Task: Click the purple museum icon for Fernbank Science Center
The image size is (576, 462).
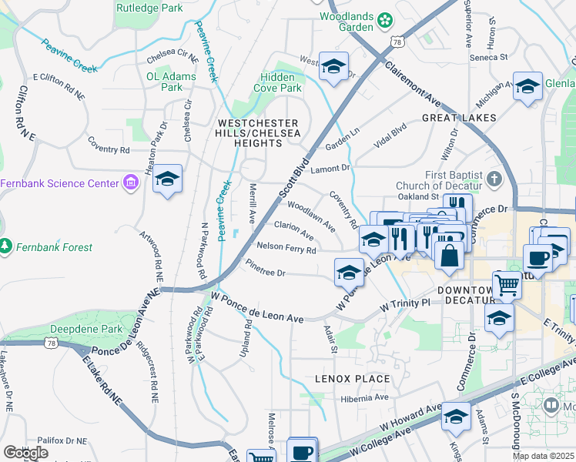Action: [130, 183]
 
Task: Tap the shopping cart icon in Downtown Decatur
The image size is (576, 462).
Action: [507, 285]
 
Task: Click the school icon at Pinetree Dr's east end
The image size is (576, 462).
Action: [348, 273]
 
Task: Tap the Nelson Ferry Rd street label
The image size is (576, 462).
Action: [286, 248]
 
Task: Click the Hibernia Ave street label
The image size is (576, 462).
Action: [365, 398]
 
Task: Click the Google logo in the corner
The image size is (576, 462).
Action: [25, 452]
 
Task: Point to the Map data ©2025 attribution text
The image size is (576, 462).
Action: [544, 456]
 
